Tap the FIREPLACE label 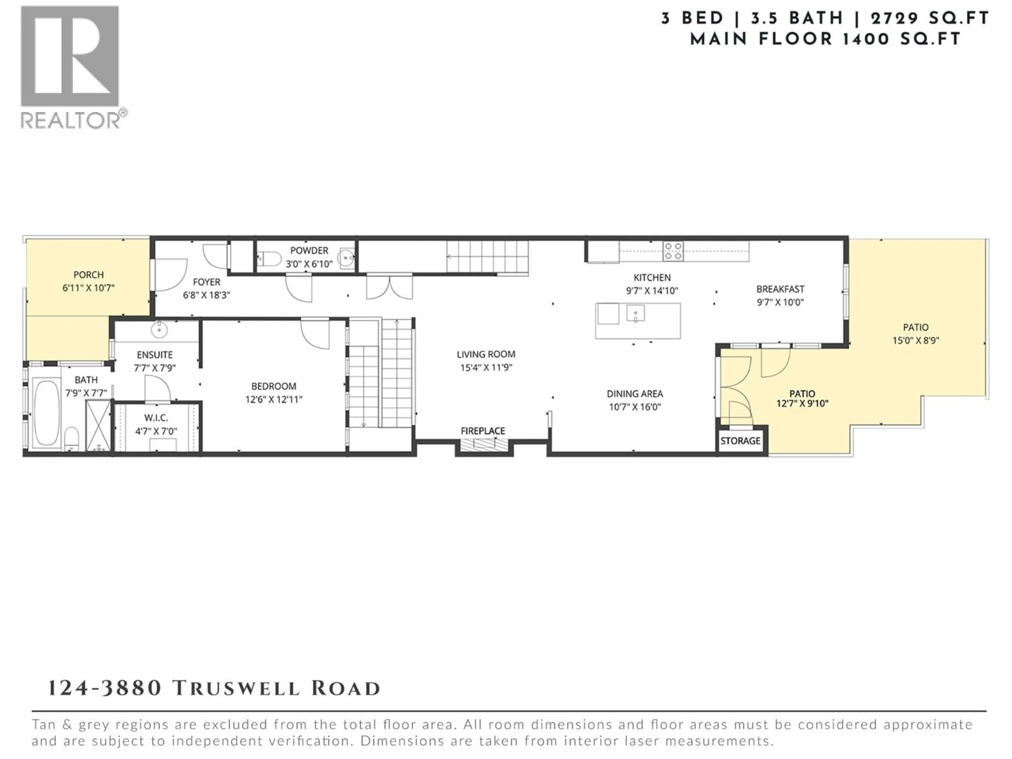[483, 431]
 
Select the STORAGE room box [740, 441]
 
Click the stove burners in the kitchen [673, 251]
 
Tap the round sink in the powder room [346, 257]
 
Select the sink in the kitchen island [635, 314]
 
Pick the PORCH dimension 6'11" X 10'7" [88, 288]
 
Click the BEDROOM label [274, 386]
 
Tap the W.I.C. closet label [156, 418]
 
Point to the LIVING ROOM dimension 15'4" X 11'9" [486, 367]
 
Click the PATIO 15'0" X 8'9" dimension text [916, 340]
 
